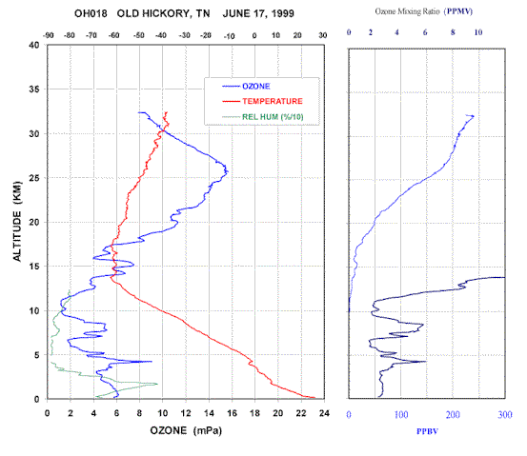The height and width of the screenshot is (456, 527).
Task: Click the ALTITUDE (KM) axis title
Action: point(17,221)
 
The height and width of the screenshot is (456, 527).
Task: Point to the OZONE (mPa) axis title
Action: point(186,430)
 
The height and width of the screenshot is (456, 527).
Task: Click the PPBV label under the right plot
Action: point(427,431)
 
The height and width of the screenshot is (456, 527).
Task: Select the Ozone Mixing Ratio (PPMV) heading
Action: point(424,11)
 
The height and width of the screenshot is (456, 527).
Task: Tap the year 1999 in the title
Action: point(283,13)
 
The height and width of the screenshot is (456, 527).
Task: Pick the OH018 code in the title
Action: point(91,13)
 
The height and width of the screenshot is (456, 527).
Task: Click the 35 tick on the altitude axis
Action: point(34,89)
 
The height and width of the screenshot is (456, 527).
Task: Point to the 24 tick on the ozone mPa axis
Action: point(324,413)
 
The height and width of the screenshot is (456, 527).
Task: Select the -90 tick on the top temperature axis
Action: point(49,35)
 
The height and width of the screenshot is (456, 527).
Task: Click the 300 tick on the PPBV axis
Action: point(505,415)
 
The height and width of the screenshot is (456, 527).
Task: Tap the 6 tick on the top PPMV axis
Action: point(425,32)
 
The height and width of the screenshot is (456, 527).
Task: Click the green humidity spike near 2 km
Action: point(157,385)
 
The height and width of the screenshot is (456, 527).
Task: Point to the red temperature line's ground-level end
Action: point(315,398)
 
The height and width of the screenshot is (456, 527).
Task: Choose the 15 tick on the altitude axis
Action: point(34,267)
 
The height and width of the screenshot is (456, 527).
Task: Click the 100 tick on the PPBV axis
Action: point(401,415)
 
